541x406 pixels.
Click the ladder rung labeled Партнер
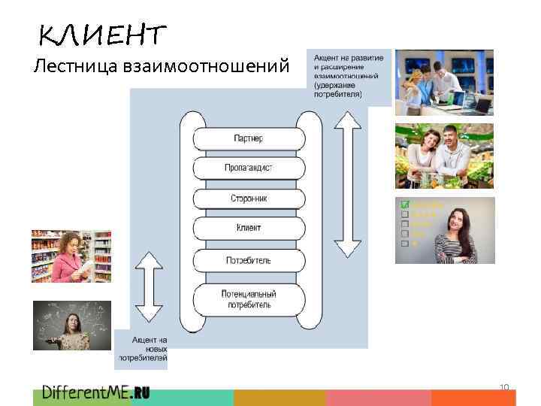coord(249,139)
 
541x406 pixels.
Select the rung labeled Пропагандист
coord(249,168)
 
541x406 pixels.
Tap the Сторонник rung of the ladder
coord(249,198)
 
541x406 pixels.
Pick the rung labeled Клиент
coord(249,227)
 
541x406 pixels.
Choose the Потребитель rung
coord(249,260)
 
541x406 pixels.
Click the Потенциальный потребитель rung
coord(249,298)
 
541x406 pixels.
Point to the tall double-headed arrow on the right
coord(347,184)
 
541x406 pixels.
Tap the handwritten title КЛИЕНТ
coord(101,35)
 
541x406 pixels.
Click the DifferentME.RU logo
coord(95,392)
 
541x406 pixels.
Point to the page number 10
coord(504,387)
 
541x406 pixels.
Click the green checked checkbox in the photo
coord(405,205)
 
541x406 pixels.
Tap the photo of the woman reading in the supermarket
coord(71,256)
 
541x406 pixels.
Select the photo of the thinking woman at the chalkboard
coord(71,325)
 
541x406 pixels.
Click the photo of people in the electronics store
coord(444,81)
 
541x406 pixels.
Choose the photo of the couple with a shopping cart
coord(444,156)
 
